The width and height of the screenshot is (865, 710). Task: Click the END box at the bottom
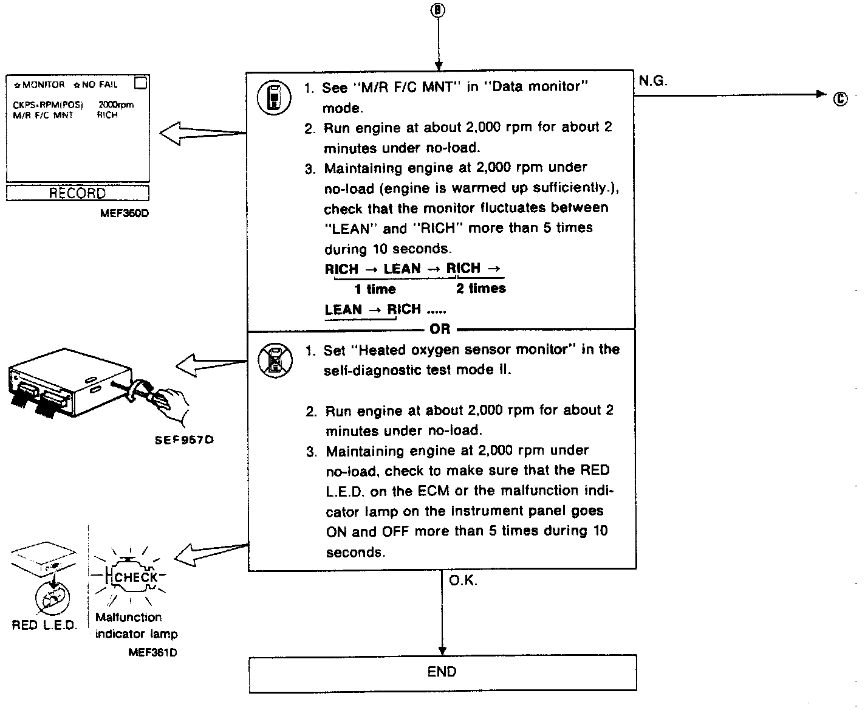(442, 672)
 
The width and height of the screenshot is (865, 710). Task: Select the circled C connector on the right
(840, 98)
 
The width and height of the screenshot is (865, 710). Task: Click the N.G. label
(653, 81)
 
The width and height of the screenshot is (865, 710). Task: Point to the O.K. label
(463, 581)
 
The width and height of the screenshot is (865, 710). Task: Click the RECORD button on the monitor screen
(77, 193)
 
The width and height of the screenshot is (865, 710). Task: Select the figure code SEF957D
(184, 439)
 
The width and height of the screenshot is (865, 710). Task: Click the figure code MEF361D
(152, 652)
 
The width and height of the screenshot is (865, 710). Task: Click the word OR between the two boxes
(440, 329)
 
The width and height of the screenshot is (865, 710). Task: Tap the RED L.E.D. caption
(44, 625)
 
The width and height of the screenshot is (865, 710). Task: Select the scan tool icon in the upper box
(275, 97)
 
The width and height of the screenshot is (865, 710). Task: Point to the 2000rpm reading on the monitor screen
(115, 105)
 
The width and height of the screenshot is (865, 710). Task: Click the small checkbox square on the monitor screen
(140, 83)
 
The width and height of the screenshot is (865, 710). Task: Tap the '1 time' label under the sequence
(375, 289)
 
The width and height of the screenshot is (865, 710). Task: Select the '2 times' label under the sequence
(480, 288)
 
